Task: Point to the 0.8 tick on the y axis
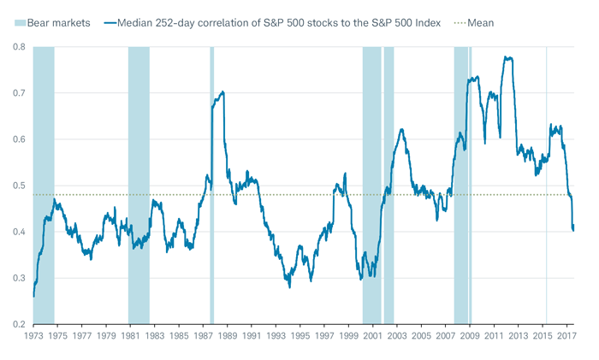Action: coord(16,47)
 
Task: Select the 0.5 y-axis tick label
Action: coord(16,186)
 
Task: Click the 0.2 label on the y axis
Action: coord(16,325)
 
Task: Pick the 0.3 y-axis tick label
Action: coord(16,279)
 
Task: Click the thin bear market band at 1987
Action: coord(211,171)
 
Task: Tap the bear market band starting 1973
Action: coord(44,171)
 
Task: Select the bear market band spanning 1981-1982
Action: coord(139,171)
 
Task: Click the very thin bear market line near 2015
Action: coord(546,171)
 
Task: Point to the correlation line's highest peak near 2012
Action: coord(508,57)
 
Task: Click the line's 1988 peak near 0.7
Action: coord(222,91)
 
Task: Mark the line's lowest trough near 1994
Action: coord(289,286)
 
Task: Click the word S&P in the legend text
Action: coord(253,21)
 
